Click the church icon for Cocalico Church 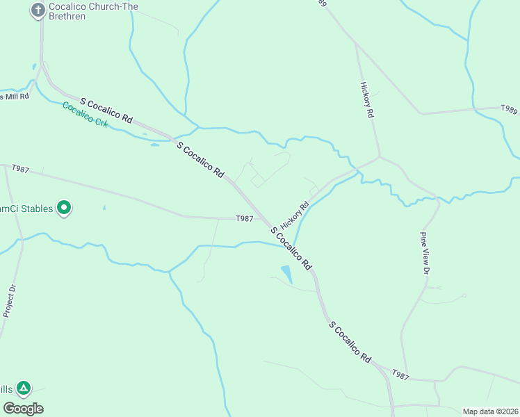[x=38, y=10]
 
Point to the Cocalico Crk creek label [x=86, y=113]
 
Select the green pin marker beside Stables [x=64, y=208]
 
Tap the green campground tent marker [x=24, y=388]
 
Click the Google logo [x=23, y=409]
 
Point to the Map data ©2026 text [x=489, y=411]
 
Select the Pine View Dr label [x=424, y=253]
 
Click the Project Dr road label [x=9, y=301]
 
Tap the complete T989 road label [x=510, y=109]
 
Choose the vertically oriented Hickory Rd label [x=368, y=99]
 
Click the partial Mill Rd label [x=15, y=97]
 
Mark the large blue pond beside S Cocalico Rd [x=286, y=274]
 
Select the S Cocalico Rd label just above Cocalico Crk [x=106, y=111]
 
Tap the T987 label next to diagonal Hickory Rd [x=244, y=218]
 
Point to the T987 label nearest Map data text [x=400, y=375]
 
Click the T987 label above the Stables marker [x=20, y=169]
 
